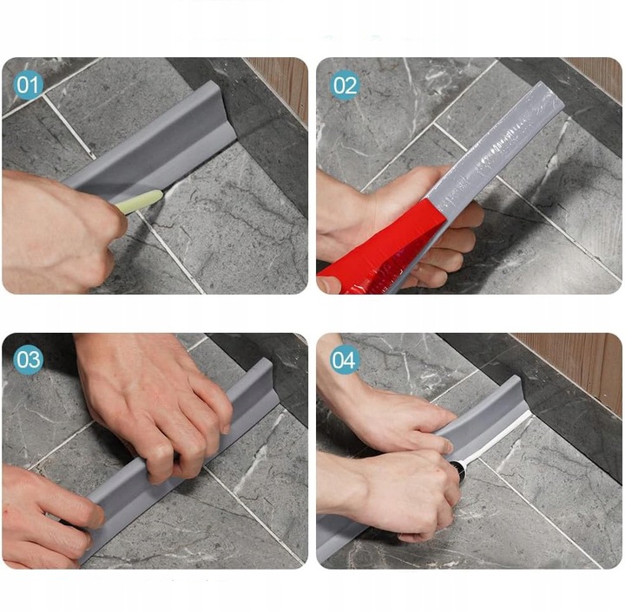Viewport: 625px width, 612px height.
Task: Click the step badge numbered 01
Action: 29,85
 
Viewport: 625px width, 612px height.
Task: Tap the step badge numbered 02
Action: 345,85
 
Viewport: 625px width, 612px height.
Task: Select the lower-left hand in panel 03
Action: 48,511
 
